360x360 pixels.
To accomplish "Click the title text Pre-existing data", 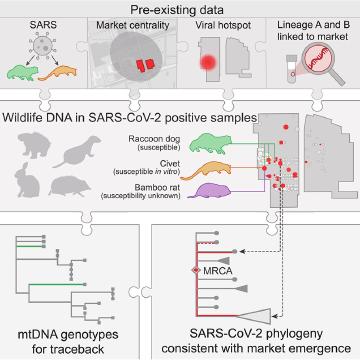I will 180,8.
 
